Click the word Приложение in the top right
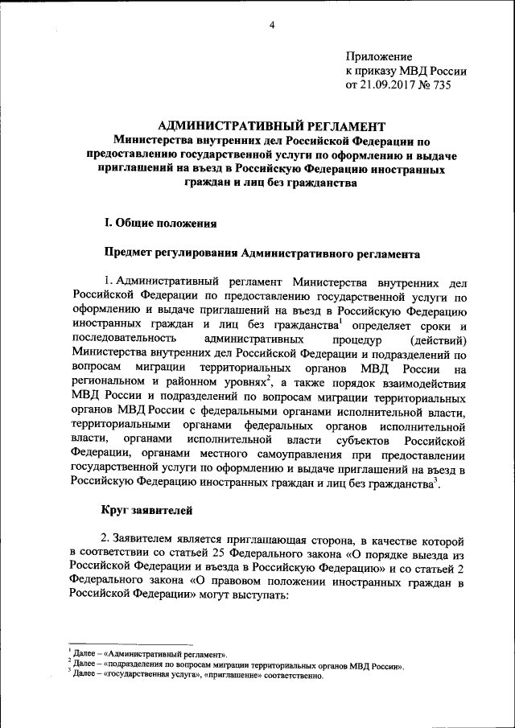[x=378, y=56]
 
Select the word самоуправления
[x=276, y=455]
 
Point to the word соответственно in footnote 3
[x=293, y=676]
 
